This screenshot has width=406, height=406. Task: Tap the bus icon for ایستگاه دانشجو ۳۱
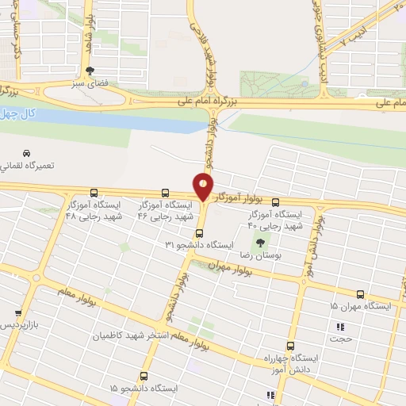pos(199,233)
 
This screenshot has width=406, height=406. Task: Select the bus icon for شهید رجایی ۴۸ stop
pos(95,193)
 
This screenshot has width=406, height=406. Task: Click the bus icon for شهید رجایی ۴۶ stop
pos(165,193)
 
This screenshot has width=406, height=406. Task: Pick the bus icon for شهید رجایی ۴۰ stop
pos(275,202)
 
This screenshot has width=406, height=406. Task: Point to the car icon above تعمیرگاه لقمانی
pos(27,152)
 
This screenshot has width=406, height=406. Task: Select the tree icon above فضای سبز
pos(90,70)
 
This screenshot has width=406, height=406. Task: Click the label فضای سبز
pos(89,82)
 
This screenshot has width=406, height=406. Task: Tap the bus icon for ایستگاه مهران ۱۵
pos(361,294)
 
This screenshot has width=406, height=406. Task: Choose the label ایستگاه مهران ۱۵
pos(355,306)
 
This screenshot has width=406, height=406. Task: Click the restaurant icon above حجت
pos(340,327)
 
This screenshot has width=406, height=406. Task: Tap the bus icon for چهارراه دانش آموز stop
pos(289,346)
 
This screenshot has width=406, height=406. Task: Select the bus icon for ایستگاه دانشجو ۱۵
pos(144,376)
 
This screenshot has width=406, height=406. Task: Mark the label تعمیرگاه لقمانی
pos(32,166)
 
